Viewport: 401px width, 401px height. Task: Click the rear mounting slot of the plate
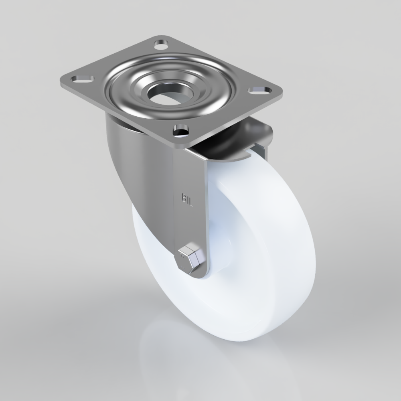tap(161, 45)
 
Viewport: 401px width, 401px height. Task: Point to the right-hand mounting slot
tap(259, 90)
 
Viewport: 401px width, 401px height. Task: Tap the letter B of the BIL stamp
tap(184, 198)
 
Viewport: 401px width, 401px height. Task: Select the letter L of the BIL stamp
tap(191, 202)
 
